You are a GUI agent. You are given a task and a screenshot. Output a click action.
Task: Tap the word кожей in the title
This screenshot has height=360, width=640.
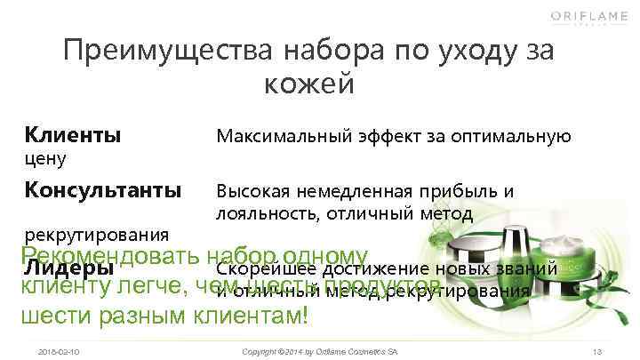click(x=309, y=84)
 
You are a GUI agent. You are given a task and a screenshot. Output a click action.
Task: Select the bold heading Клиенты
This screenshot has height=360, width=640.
click(x=73, y=136)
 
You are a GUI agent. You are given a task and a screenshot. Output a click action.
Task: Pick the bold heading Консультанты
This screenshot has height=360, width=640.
click(x=103, y=190)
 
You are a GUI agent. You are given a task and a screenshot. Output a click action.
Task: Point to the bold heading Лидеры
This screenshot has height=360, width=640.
click(x=68, y=268)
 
